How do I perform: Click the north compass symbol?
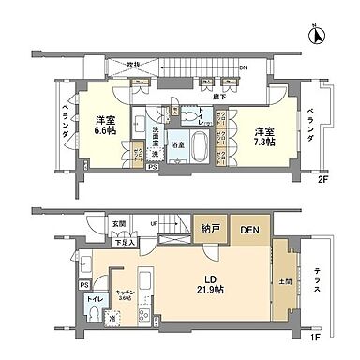(317, 37)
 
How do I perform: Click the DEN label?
(247, 230)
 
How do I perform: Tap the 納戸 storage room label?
(209, 230)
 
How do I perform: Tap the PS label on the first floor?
(83, 282)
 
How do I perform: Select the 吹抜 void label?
(131, 64)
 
